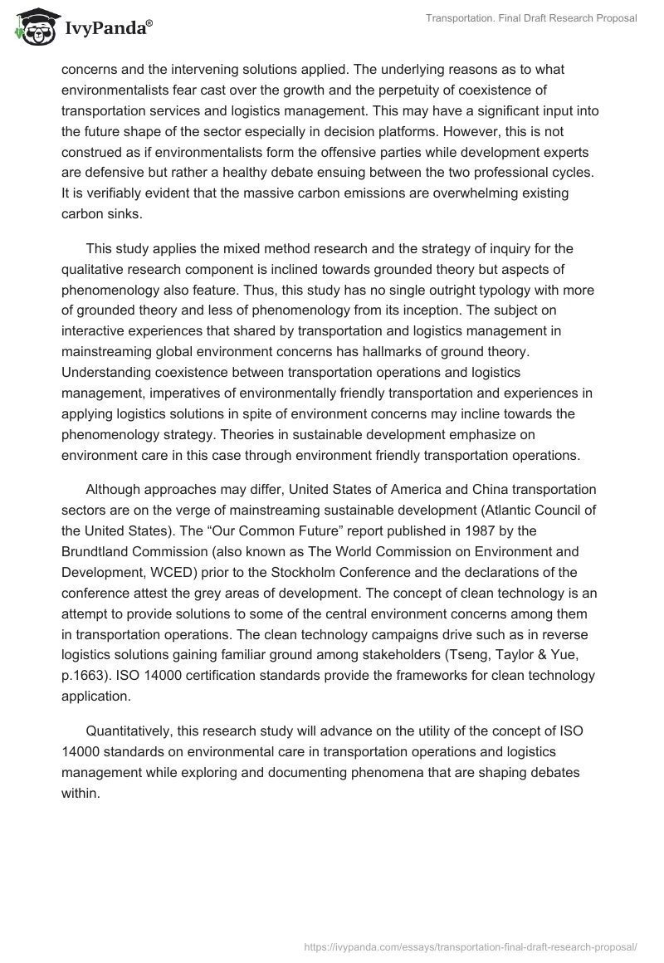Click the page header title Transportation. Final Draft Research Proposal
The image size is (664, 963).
pyautogui.click(x=531, y=19)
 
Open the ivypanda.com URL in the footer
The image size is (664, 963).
pyautogui.click(x=471, y=946)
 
